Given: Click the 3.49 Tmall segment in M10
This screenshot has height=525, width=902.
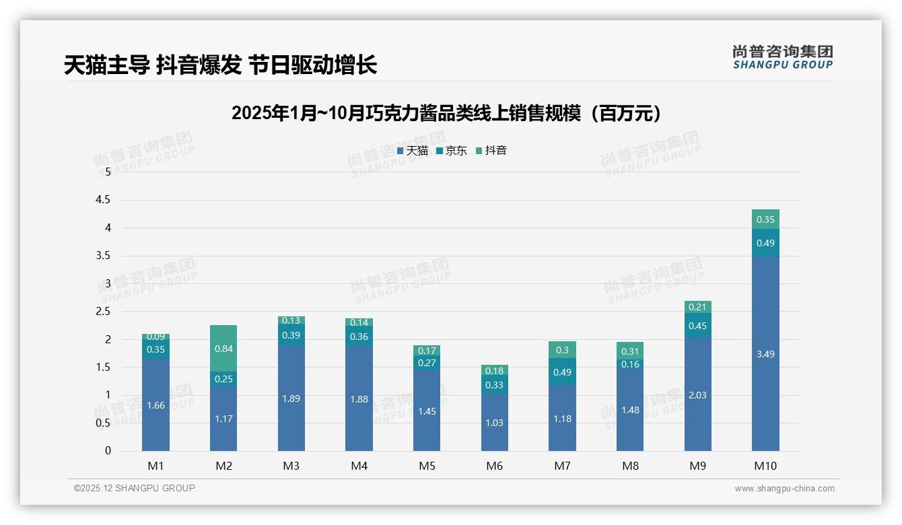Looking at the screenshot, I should pos(765,354).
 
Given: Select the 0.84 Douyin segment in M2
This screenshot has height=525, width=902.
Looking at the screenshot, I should pos(223,349).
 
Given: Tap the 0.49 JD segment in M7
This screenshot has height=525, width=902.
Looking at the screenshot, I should pos(562,372).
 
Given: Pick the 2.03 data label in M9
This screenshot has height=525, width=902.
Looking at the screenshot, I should pos(697,395).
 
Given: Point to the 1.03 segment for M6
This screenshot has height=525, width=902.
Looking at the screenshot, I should pos(494,423).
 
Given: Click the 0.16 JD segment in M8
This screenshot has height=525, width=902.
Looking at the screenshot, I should pos(629,364).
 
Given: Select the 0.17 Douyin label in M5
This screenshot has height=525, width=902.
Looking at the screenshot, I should pos(427,351).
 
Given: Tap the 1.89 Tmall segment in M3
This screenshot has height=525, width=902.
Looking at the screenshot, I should pos(291,398).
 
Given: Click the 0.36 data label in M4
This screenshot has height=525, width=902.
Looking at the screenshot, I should pos(359,337).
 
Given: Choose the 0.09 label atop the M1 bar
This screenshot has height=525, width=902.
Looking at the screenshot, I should pos(155,337).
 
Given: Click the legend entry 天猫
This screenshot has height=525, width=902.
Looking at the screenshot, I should pos(413,151).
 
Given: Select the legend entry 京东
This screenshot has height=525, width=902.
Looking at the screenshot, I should pos(452,151).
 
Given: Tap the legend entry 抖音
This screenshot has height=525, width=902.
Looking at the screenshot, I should pos(491,151).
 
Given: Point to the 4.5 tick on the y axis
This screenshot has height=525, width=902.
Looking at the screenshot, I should pos(103,200).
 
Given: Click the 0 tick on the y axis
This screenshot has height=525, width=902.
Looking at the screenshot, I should pos(108,451).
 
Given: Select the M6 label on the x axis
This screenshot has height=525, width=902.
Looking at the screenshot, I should pos(494,466).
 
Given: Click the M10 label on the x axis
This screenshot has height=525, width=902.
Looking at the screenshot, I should pos(765,466).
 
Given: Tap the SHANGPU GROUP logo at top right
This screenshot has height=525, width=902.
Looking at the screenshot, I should pos(782,57).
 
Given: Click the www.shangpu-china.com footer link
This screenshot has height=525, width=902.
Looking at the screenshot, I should pos(784,489).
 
